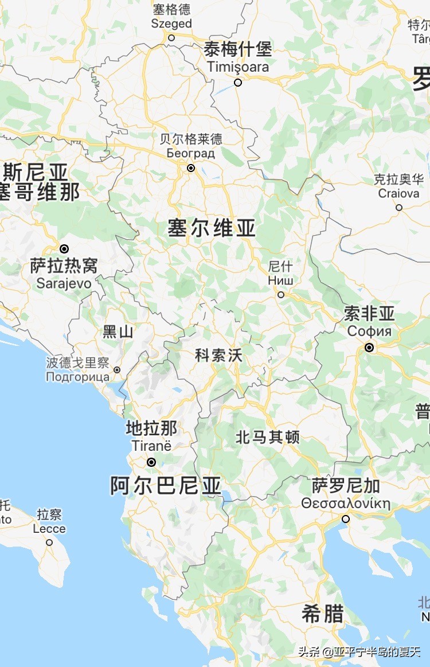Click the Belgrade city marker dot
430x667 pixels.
click(191, 168)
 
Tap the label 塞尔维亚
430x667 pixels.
click(212, 228)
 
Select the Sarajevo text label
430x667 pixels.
click(64, 283)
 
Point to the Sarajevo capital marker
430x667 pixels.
click(64, 249)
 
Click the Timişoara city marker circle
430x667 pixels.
click(238, 83)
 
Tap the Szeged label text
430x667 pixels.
click(171, 24)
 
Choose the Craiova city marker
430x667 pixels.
click(399, 208)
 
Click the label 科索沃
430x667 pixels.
click(219, 356)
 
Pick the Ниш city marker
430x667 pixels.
click(281, 295)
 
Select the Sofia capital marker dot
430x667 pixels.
click(369, 347)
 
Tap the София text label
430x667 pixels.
click(369, 331)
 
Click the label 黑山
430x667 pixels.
click(118, 331)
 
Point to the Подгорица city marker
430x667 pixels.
click(117, 370)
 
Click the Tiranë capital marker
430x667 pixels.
click(151, 462)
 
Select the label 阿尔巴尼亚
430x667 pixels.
click(166, 486)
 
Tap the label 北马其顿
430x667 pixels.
click(268, 437)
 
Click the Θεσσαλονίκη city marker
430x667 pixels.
click(346, 518)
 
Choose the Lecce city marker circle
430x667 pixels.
click(49, 542)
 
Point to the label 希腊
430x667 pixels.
click(322, 614)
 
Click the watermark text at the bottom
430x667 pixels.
click(359, 652)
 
